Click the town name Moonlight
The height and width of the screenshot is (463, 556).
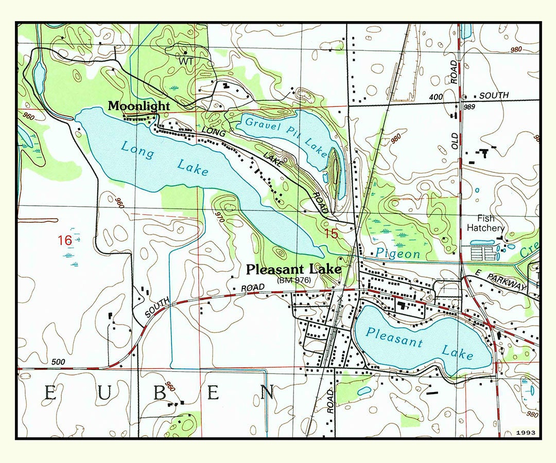(138, 106)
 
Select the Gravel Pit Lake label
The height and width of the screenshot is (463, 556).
(286, 136)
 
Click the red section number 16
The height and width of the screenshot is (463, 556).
(64, 240)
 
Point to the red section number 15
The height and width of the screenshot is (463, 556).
(332, 234)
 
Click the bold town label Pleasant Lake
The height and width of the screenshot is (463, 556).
(293, 270)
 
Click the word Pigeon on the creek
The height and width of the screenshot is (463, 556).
(397, 254)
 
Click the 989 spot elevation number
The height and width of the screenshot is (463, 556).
(468, 106)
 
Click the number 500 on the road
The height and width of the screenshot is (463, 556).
(59, 362)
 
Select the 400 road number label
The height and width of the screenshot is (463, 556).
(435, 97)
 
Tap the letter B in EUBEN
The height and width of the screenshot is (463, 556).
(160, 393)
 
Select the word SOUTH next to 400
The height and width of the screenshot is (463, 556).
(494, 96)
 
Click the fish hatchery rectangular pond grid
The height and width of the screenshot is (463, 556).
(483, 253)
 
